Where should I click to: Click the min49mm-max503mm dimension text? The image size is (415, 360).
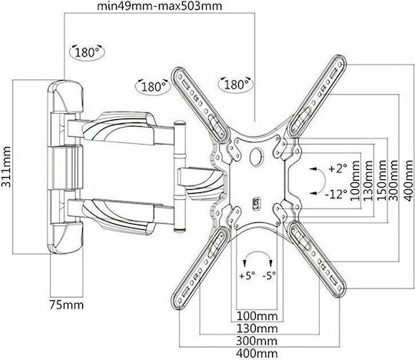(x=159, y=6)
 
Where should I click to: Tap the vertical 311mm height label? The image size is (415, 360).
(x=6, y=167)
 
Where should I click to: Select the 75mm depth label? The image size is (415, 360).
(x=66, y=305)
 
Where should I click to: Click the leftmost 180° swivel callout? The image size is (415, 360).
(x=87, y=52)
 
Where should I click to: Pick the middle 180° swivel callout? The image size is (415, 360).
(x=153, y=86)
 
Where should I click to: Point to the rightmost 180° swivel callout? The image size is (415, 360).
(x=236, y=84)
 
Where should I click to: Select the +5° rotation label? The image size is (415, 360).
(x=247, y=275)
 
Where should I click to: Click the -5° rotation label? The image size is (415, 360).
(x=269, y=275)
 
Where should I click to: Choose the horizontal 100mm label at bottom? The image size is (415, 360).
(x=257, y=315)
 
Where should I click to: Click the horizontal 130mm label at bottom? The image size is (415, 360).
(x=257, y=328)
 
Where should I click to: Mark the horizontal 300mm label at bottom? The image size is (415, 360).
(x=257, y=341)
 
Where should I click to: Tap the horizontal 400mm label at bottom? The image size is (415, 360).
(x=257, y=354)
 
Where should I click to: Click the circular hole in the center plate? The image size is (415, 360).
(x=257, y=156)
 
